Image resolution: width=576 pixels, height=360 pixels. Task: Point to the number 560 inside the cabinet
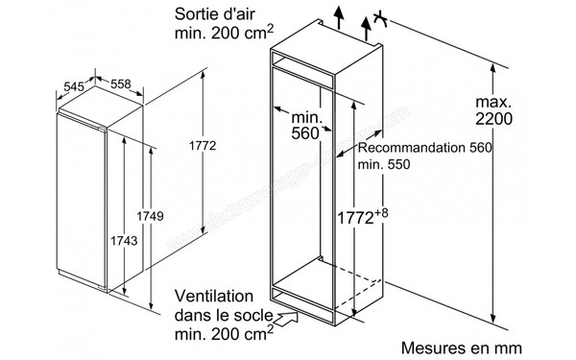pyautogui.click(x=303, y=133)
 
